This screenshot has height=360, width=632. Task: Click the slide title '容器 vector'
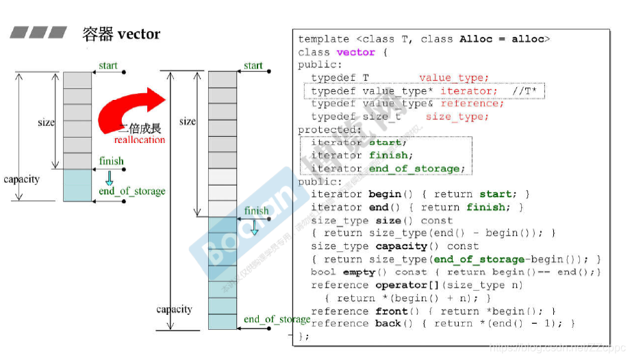click(121, 34)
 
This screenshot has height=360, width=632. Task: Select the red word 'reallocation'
click(140, 140)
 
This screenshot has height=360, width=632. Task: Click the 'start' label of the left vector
click(108, 66)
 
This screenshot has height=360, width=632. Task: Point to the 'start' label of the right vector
click(253, 66)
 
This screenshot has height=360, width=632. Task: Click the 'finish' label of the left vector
click(111, 162)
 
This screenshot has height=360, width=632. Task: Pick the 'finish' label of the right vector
click(257, 211)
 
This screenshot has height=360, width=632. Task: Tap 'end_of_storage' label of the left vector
click(131, 191)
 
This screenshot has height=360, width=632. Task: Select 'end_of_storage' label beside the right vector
click(277, 320)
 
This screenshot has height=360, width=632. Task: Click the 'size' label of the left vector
click(46, 123)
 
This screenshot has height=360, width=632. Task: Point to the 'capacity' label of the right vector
click(174, 309)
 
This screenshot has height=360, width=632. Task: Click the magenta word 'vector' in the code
click(355, 52)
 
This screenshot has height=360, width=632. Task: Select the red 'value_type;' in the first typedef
click(454, 78)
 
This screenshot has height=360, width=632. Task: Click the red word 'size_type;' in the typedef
click(457, 117)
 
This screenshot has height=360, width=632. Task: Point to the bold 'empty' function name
click(359, 272)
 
